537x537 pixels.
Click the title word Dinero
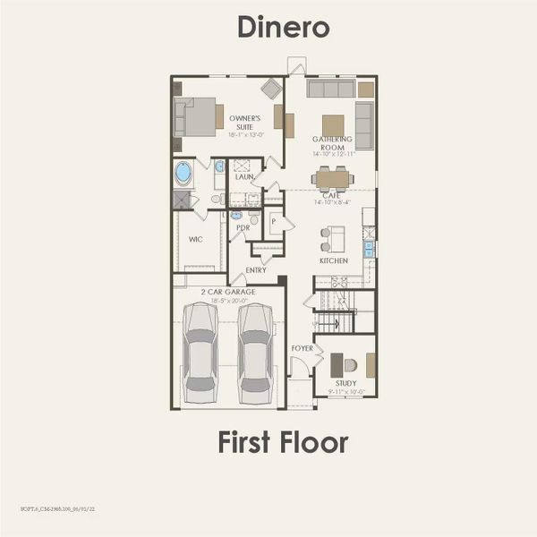[284, 27]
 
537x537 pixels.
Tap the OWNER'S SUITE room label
[245, 122]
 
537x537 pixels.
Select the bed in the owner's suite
[199, 116]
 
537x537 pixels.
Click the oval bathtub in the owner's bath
[183, 172]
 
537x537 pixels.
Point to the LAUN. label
[244, 177]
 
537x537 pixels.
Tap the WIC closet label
[196, 239]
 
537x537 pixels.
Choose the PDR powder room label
[243, 228]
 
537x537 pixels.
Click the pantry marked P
[274, 220]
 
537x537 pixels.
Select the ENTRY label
[256, 269]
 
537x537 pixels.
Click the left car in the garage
[200, 353]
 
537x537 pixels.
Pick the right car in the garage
[255, 353]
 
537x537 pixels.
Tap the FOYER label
[303, 347]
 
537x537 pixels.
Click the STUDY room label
[345, 382]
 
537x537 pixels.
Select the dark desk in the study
[336, 365]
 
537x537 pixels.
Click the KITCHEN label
[334, 260]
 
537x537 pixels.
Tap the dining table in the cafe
[333, 179]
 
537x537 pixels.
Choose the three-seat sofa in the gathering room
[330, 89]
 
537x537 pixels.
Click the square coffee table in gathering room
[333, 124]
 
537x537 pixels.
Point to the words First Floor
[283, 442]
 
